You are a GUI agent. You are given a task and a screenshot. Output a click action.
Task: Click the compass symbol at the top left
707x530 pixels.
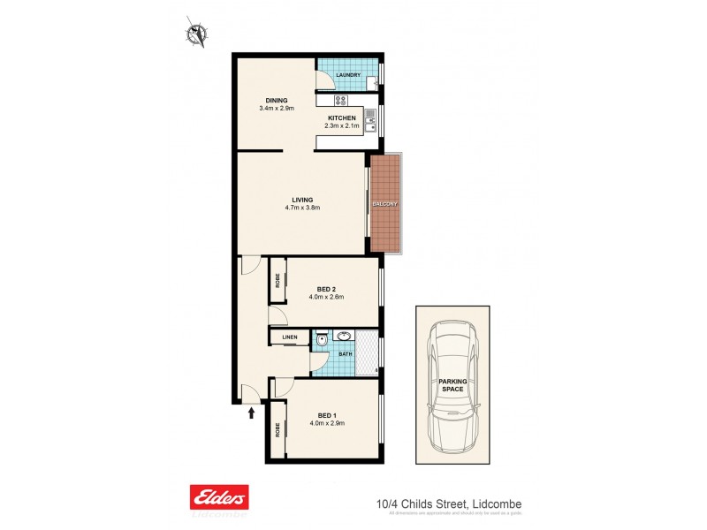point(195,34)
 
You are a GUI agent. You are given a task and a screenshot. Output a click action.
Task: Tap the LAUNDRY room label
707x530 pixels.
point(348,75)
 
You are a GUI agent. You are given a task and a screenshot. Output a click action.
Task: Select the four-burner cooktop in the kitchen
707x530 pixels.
point(327,100)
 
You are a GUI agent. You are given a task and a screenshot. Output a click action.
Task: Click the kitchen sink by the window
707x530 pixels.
point(370,115)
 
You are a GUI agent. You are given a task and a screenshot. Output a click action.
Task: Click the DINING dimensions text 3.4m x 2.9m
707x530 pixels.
point(276,109)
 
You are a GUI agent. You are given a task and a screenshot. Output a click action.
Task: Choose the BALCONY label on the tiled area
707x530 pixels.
point(385,204)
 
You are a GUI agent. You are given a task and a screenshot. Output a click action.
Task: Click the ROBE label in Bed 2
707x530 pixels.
point(277,282)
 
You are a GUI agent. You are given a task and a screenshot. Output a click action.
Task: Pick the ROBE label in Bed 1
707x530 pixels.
point(277,430)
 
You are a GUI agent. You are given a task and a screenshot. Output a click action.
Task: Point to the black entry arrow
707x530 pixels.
point(253,411)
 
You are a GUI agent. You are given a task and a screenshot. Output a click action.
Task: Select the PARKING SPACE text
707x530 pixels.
point(452,385)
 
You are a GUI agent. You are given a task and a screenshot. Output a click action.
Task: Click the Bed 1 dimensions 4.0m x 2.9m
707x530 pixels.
point(326,423)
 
